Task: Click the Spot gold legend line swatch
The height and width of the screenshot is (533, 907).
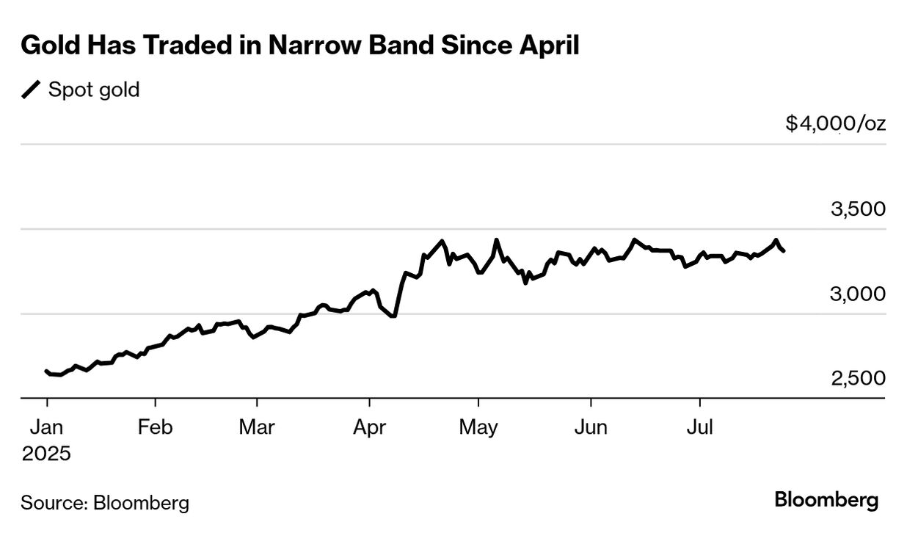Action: [32, 90]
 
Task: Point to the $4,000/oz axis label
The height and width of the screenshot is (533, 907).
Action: [835, 123]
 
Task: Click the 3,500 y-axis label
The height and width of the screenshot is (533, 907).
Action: [857, 209]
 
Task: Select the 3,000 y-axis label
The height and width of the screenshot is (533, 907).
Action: [857, 294]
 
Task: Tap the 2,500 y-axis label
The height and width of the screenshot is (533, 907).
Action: [857, 378]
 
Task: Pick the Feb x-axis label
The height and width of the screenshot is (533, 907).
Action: [156, 427]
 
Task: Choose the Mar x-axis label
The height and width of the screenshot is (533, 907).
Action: [258, 427]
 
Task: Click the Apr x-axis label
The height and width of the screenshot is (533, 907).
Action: [368, 427]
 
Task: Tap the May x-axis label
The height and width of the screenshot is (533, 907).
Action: [478, 427]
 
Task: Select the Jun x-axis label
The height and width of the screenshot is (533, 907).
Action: [591, 427]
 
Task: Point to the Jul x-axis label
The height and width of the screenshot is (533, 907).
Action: [699, 427]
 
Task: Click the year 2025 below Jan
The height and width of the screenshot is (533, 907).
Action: [46, 453]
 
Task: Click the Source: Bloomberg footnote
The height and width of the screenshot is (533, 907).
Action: [105, 503]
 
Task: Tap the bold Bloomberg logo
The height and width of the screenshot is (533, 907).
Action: [826, 501]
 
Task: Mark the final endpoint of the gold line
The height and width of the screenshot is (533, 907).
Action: [784, 251]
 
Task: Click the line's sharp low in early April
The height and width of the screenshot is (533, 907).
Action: [394, 316]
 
